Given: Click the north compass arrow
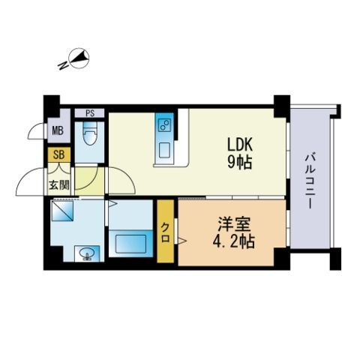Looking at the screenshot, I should click(80, 58).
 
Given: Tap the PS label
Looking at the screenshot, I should click(90, 114).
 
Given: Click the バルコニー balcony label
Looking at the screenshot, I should click(308, 180).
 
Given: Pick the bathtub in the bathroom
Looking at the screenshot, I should click(130, 244).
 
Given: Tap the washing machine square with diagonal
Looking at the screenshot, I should click(61, 213).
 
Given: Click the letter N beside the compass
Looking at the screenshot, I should click(63, 65).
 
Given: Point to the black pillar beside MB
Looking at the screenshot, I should click(50, 103).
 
